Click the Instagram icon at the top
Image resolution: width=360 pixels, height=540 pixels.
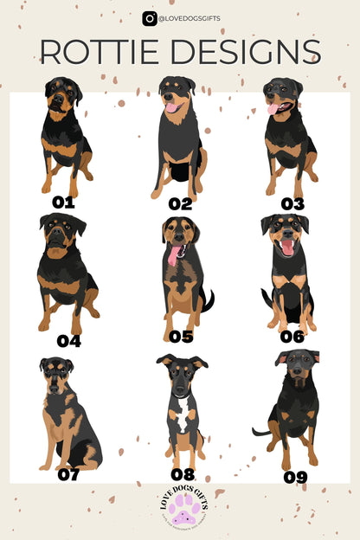150,18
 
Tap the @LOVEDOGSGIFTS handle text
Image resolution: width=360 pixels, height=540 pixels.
188,18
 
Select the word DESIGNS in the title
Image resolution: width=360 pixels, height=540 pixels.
250,52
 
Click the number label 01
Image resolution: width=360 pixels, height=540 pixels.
64,202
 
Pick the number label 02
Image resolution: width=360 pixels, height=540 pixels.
180,204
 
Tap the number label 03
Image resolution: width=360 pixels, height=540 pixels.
292,204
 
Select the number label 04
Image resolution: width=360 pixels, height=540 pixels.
68,340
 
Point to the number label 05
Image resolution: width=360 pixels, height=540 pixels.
181,337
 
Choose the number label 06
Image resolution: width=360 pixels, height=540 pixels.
292,337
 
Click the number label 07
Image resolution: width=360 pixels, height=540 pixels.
68,474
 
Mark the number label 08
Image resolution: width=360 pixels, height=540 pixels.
183,474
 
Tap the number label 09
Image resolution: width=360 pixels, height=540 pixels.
296,476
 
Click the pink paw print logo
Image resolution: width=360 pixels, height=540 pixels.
180,509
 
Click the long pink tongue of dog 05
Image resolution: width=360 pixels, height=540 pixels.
175,254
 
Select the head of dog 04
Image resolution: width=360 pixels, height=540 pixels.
61,235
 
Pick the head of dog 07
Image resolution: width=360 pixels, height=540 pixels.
56,371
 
